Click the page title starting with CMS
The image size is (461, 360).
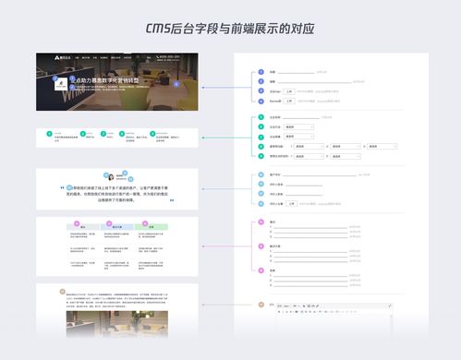click(x=230, y=28)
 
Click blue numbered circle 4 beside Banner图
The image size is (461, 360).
click(x=261, y=101)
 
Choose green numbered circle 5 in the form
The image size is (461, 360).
click(x=261, y=117)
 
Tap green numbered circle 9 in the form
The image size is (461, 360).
click(x=261, y=156)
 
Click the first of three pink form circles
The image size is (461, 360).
click(x=261, y=222)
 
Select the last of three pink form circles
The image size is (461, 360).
click(x=261, y=270)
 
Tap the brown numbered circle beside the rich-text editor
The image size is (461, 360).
click(x=261, y=304)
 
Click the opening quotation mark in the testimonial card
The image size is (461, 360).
click(x=67, y=184)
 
